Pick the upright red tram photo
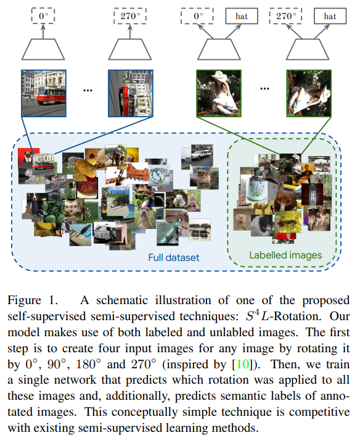pos(43,93)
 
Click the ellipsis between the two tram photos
pos(87,90)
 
